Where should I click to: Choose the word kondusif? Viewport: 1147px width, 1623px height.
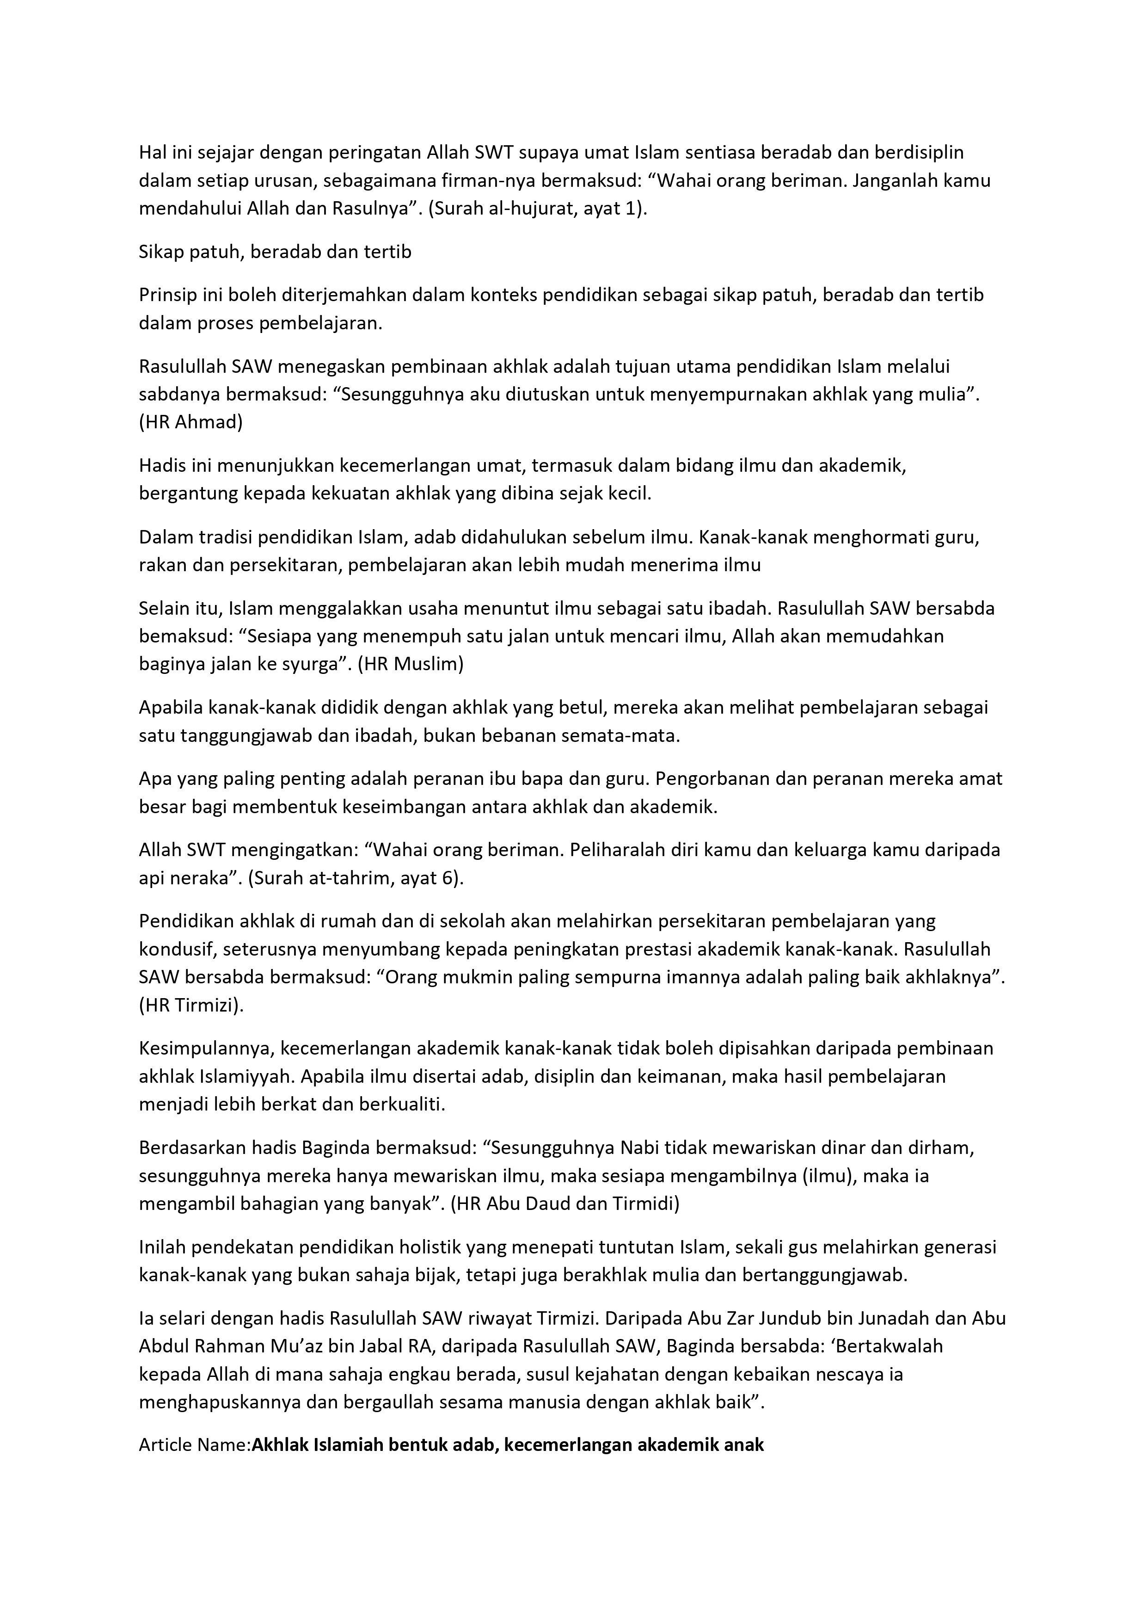[174, 950]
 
